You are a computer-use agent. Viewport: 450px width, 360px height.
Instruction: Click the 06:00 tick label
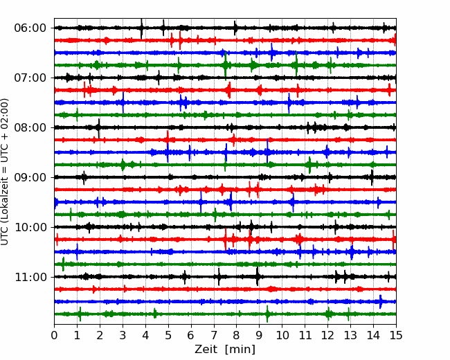point(30,28)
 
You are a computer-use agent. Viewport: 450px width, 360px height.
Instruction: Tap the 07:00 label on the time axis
point(30,78)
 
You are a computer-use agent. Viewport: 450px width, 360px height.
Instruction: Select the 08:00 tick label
point(30,127)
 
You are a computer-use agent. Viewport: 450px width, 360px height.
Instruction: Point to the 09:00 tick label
point(30,177)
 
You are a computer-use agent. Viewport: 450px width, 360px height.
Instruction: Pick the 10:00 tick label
point(30,227)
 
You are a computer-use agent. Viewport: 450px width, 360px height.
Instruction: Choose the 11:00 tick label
point(30,277)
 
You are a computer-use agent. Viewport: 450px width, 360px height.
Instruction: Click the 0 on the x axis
point(54,335)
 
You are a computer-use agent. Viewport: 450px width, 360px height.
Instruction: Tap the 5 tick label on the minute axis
point(168,335)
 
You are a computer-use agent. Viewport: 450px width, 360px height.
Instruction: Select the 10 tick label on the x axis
point(282,335)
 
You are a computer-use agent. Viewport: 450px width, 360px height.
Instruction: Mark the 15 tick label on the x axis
point(396,335)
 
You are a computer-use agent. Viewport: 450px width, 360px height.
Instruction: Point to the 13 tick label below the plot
point(350,335)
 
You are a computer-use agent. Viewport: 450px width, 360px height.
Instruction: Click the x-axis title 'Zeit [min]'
point(225,349)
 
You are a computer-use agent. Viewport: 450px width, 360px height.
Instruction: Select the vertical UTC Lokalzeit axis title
point(5,172)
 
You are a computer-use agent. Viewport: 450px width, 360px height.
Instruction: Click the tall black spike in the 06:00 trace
point(141,28)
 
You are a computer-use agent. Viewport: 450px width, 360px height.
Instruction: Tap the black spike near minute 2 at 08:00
point(99,128)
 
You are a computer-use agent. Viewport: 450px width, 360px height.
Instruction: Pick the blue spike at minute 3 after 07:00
point(123,102)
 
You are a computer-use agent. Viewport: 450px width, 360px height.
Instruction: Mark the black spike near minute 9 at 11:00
point(258,276)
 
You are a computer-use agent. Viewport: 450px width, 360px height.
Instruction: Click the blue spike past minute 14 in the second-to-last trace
point(381,301)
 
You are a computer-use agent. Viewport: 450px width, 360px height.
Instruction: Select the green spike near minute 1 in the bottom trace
point(80,314)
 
